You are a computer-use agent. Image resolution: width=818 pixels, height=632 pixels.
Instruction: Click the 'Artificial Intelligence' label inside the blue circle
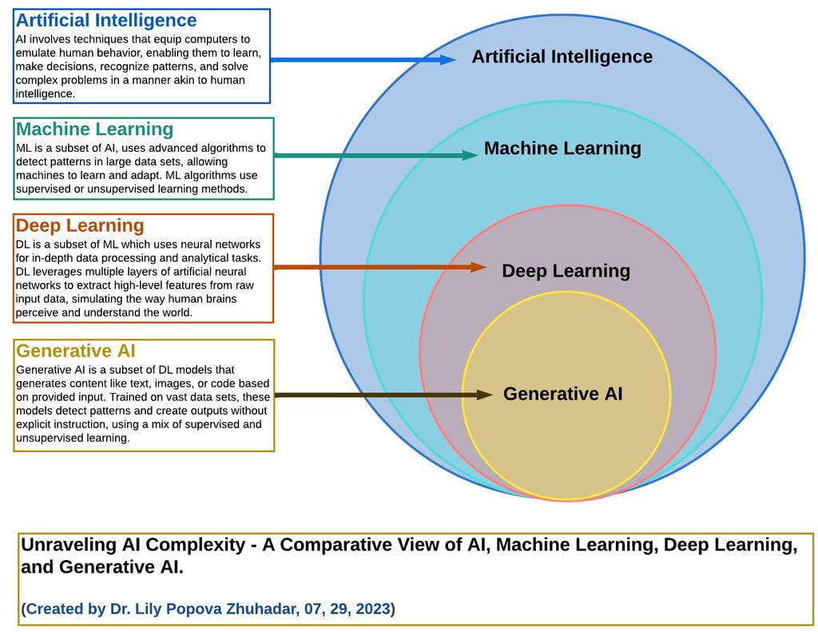pyautogui.click(x=562, y=57)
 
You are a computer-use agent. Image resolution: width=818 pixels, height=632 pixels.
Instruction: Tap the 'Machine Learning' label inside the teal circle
pyautogui.click(x=562, y=149)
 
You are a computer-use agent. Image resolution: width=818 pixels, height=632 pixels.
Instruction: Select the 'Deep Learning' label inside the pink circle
pyautogui.click(x=566, y=271)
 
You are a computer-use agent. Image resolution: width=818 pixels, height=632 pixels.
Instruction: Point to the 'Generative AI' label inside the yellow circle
pyautogui.click(x=563, y=393)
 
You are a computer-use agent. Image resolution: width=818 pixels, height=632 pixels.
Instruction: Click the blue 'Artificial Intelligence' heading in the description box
pyautogui.click(x=106, y=20)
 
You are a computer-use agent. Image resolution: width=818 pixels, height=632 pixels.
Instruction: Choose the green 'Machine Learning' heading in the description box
pyautogui.click(x=94, y=129)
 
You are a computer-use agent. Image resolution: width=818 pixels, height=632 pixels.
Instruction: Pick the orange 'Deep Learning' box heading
pyautogui.click(x=80, y=225)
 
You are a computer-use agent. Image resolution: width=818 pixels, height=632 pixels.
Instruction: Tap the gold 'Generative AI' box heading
pyautogui.click(x=76, y=351)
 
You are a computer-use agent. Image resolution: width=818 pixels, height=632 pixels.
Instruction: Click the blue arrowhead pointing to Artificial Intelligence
pyautogui.click(x=447, y=59)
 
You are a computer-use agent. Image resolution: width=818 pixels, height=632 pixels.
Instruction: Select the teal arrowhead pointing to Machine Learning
pyautogui.click(x=470, y=155)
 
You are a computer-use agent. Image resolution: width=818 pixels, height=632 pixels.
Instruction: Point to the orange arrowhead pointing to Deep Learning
pyautogui.click(x=478, y=267)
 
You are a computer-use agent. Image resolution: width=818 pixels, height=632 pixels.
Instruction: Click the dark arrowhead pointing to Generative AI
pyautogui.click(x=484, y=395)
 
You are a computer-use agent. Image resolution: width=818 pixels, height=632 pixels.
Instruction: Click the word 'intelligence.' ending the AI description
pyautogui.click(x=46, y=94)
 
